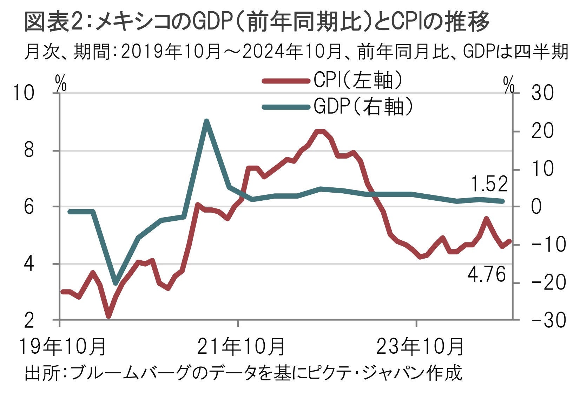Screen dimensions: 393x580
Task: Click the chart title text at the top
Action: tap(256, 22)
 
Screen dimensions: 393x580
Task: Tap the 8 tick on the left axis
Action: tap(29, 151)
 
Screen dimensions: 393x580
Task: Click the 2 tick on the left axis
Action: tap(29, 320)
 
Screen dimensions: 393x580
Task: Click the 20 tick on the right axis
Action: tap(542, 131)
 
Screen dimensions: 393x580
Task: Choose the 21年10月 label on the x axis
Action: tap(241, 346)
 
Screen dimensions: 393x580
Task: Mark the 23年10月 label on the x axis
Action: tap(420, 346)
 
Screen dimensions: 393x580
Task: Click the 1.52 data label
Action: tap(489, 184)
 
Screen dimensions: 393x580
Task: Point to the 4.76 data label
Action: tap(487, 274)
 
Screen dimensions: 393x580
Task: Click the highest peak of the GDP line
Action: tap(206, 121)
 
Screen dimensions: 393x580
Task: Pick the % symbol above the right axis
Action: tap(509, 85)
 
